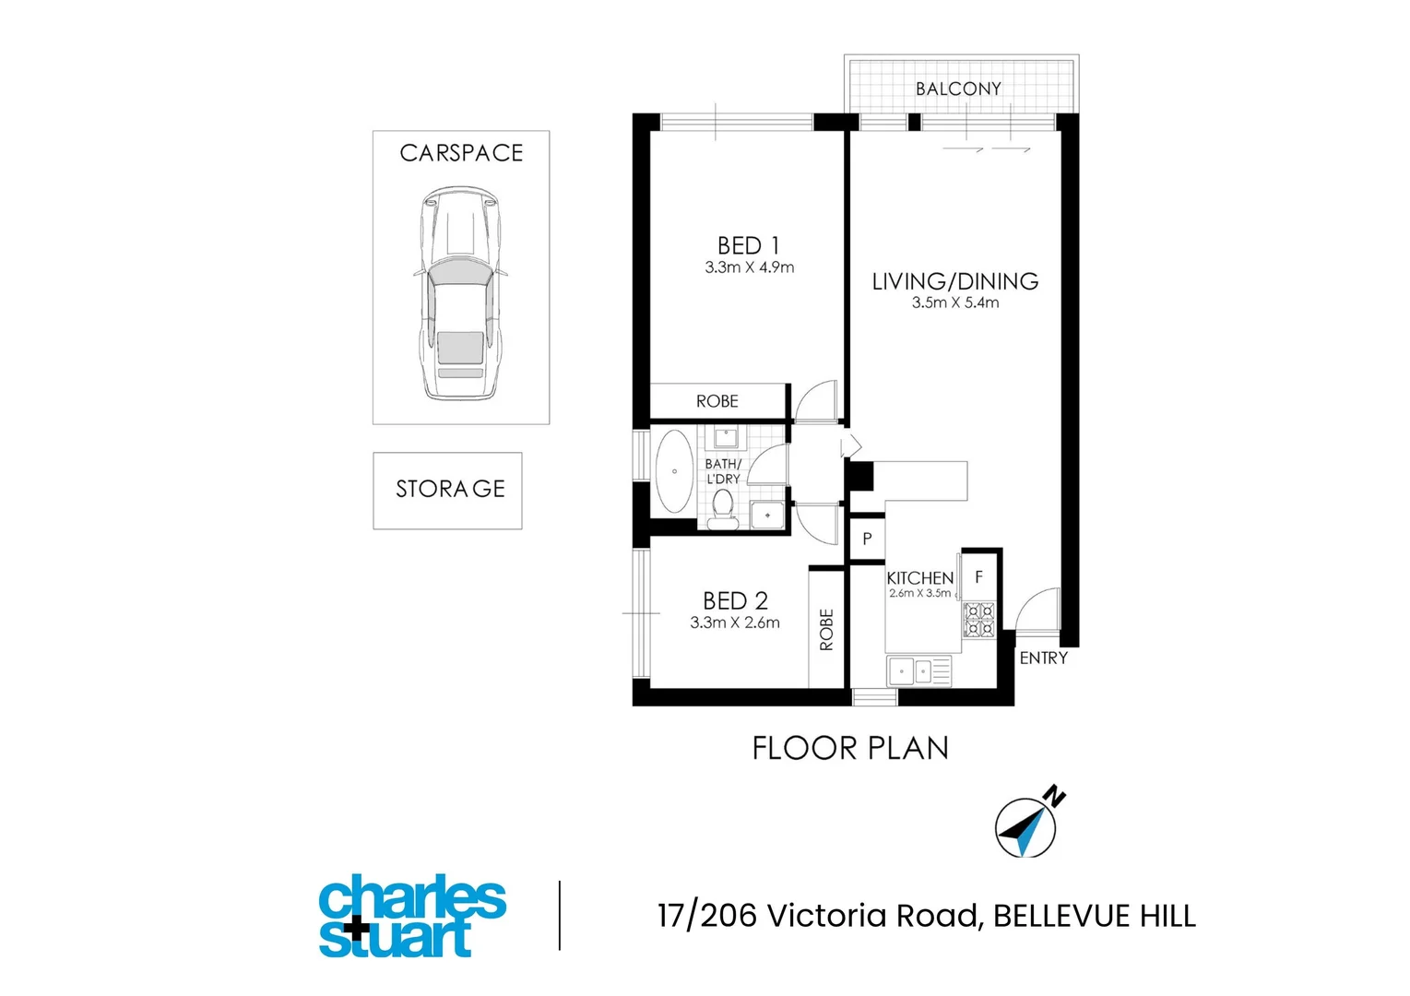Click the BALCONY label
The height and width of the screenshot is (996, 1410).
coord(958,89)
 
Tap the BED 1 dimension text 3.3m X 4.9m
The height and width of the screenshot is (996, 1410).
coord(749,267)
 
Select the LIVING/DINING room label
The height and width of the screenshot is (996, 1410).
coord(954,281)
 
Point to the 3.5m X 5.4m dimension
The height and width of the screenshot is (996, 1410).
coord(954,302)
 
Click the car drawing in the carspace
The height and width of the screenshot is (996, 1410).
coord(461,292)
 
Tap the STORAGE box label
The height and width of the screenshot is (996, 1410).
coord(450,489)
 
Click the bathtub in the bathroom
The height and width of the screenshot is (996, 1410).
coord(674,471)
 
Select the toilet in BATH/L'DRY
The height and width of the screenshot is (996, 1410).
coord(723,510)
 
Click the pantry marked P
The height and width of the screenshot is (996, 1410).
coord(868,539)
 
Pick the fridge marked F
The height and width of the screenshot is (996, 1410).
coord(978,576)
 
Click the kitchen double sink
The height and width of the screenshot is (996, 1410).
coord(919,671)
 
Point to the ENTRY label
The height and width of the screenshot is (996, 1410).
coord(1044,658)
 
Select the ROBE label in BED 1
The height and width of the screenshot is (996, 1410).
coord(717,402)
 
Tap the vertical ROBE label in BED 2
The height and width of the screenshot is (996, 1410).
coord(826,630)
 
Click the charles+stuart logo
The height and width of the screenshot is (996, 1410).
coord(412,916)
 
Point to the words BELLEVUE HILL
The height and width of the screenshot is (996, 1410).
coord(1095,916)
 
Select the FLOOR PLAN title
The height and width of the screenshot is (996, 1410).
coord(850,749)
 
